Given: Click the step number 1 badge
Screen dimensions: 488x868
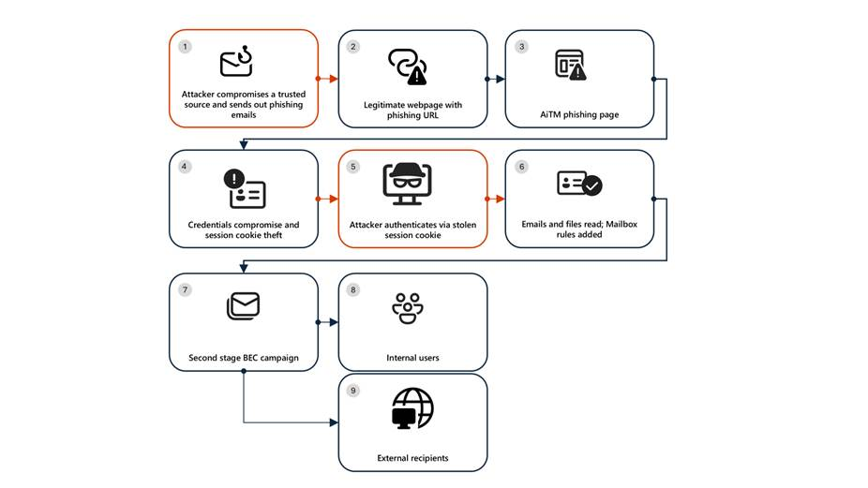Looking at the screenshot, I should pyautogui.click(x=185, y=46).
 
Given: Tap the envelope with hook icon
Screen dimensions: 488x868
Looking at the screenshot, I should pyautogui.click(x=237, y=62).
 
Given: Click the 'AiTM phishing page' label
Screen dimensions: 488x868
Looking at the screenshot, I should pyautogui.click(x=578, y=115).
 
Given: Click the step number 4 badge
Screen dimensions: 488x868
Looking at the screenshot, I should pyautogui.click(x=185, y=167).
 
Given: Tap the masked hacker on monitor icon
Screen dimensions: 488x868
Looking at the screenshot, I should pyautogui.click(x=408, y=184).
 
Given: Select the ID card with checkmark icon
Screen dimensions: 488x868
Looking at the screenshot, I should pyautogui.click(x=578, y=185).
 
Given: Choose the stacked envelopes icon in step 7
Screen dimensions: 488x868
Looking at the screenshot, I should pyautogui.click(x=243, y=305).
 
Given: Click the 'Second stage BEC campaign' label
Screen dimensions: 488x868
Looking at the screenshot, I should pyautogui.click(x=244, y=357).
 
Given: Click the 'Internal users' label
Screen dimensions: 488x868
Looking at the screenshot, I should pyautogui.click(x=412, y=358).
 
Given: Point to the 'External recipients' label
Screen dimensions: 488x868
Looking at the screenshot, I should pyautogui.click(x=412, y=458).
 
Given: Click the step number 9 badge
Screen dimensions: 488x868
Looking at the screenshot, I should pyautogui.click(x=353, y=390).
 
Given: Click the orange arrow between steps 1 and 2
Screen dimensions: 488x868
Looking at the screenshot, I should pyautogui.click(x=328, y=79).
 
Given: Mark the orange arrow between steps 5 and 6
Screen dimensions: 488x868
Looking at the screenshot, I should pyautogui.click(x=496, y=199).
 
